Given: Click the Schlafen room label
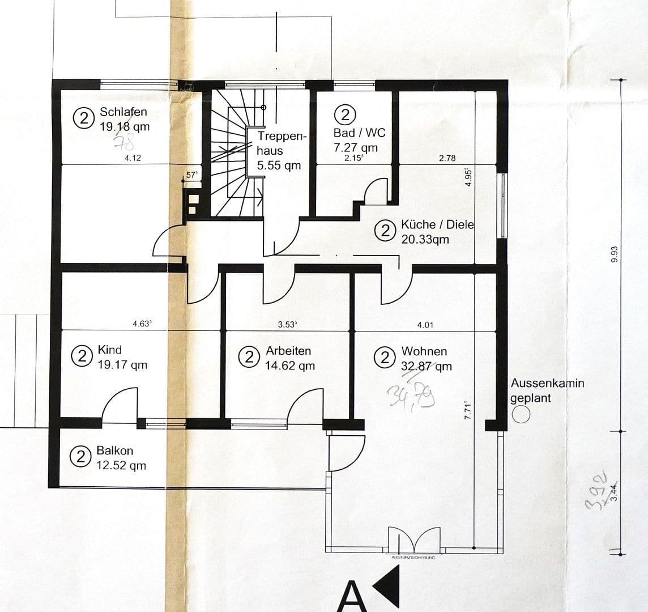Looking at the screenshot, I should coord(123,112).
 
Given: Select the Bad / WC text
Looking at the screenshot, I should coord(359,133).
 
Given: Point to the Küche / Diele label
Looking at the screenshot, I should coord(437,224).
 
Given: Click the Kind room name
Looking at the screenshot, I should coord(109,350).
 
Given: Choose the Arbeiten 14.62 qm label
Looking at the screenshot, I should coord(289,358).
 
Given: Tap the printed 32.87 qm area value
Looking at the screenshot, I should coord(427,366).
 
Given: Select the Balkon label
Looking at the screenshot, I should coord(115,450).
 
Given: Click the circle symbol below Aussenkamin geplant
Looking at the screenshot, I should coord(521,414).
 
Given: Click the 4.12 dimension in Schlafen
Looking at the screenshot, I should coord(133,159).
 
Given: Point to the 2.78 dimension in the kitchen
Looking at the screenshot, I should coord(447,159).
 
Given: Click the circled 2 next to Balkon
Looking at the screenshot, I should coord(81,457).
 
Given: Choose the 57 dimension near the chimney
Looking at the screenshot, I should coord(192,175).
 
